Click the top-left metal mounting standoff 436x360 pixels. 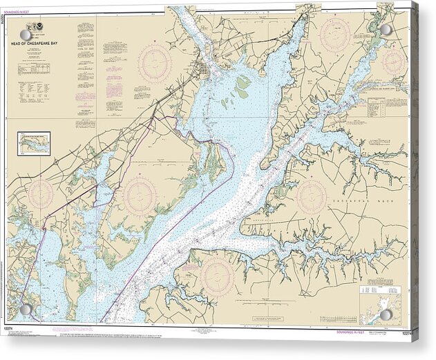(x=26, y=35)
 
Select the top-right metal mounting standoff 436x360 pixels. (x=386, y=30)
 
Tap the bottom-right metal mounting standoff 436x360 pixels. (x=386, y=314)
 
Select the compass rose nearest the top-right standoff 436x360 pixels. (x=393, y=62)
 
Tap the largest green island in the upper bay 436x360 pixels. (x=242, y=87)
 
